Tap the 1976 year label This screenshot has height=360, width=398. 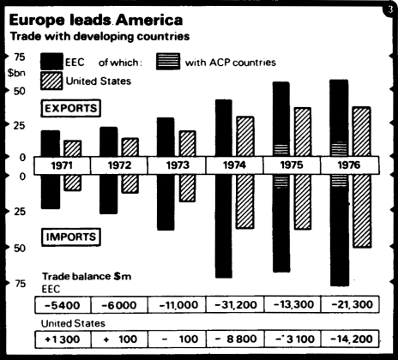347,165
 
